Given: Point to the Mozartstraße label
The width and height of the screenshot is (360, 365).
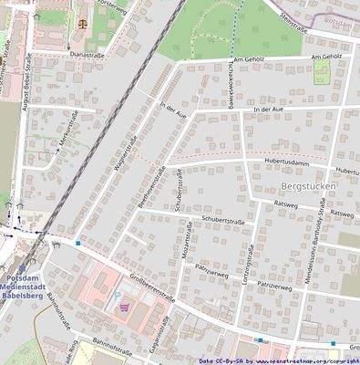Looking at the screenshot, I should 185,241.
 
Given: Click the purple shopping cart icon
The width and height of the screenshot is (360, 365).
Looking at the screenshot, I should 123,308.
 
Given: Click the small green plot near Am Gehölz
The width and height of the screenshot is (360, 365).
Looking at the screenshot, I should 322,72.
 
